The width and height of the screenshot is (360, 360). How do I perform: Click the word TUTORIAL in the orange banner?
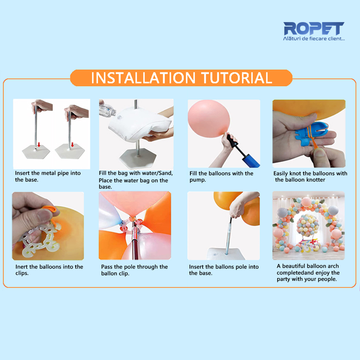click(237, 78)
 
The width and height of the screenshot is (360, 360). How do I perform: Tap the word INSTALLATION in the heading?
click(143, 78)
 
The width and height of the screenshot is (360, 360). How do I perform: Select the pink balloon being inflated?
click(209, 119)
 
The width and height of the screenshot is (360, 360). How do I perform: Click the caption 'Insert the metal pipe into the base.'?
click(48, 176)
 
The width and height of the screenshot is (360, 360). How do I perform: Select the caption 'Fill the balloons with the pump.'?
click(221, 176)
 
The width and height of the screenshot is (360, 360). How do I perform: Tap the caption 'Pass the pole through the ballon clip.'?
click(134, 270)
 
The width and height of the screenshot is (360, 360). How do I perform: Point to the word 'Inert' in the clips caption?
click(22, 267)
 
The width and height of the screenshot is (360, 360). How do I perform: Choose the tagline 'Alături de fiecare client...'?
click(314, 39)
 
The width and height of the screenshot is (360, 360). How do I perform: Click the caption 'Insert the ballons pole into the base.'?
click(224, 270)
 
